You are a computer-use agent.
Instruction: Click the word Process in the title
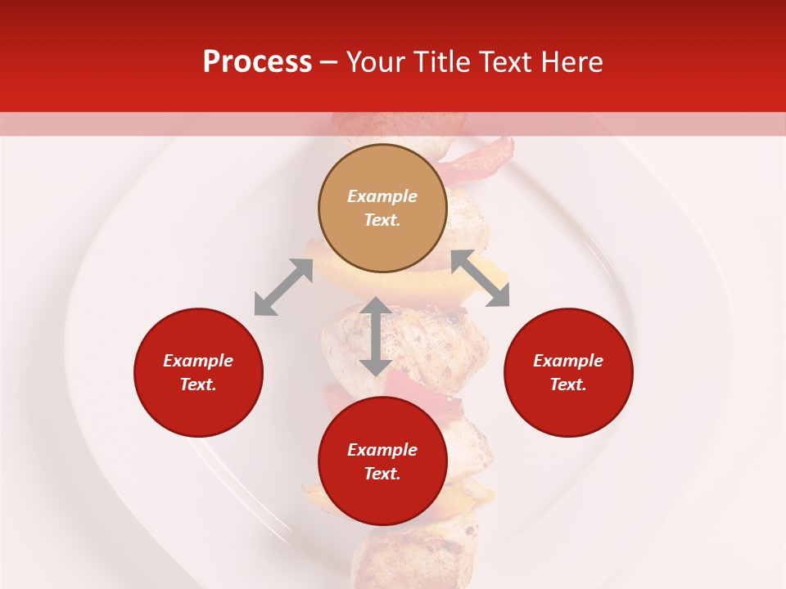257,62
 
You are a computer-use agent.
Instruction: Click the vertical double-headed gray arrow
376,337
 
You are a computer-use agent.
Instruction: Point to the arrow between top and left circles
283,287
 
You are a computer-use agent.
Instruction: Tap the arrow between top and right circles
481,279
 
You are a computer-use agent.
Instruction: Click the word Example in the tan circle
382,196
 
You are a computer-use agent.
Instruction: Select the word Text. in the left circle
198,384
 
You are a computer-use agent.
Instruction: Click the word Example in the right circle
568,361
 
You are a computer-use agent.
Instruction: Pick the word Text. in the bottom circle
382,474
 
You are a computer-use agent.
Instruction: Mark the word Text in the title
504,62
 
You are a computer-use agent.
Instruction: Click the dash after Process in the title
328,63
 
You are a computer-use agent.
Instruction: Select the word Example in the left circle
198,361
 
